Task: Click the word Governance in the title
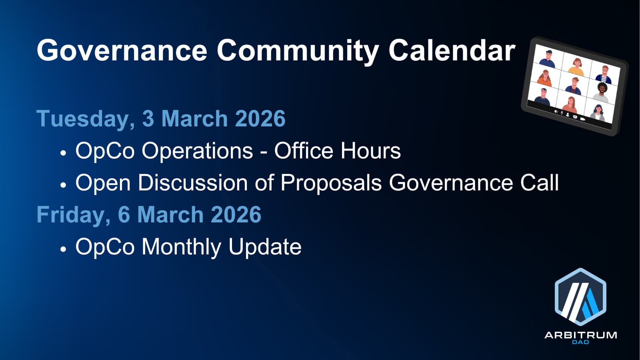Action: coord(122,50)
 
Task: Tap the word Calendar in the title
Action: coord(452,50)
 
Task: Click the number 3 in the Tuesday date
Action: coord(148,118)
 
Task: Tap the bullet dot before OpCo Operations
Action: coord(63,153)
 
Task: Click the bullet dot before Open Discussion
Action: coord(63,185)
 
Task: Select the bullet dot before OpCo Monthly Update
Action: coord(63,249)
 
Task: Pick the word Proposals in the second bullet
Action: coord(331,183)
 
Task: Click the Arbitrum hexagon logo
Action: coord(580,297)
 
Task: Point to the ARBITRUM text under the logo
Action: coord(580,335)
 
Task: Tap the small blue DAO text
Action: coord(580,342)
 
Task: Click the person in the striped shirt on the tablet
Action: coord(604,75)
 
